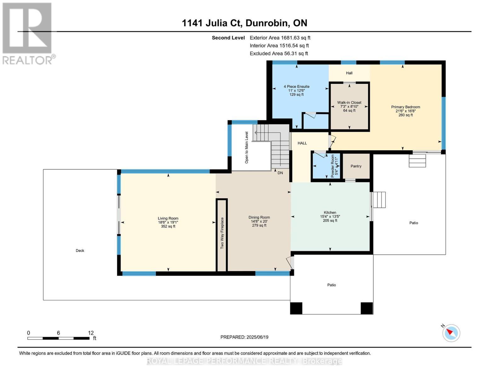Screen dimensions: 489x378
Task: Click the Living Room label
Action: [168, 218]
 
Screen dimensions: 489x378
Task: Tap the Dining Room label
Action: [259, 217]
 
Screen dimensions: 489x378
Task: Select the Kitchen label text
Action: [330, 212]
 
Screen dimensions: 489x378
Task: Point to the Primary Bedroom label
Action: [406, 107]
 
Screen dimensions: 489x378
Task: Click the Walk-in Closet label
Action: [349, 102]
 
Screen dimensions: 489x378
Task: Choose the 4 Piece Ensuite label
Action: [296, 86]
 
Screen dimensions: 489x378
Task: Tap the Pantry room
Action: [356, 166]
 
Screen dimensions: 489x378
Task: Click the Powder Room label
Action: [333, 166]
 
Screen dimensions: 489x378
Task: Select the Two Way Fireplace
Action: [222, 235]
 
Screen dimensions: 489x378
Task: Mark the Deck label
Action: [80, 250]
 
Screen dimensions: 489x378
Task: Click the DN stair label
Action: [280, 173]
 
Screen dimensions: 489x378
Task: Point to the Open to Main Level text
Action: [247, 147]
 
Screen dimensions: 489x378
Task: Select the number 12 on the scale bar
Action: [91, 333]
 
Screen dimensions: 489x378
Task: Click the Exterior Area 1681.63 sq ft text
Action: [280, 38]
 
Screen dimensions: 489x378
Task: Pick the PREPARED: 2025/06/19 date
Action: [244, 337]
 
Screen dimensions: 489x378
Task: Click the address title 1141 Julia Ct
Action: [212, 23]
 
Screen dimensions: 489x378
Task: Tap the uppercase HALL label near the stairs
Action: [302, 143]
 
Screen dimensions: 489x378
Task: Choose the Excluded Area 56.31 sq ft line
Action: [279, 54]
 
